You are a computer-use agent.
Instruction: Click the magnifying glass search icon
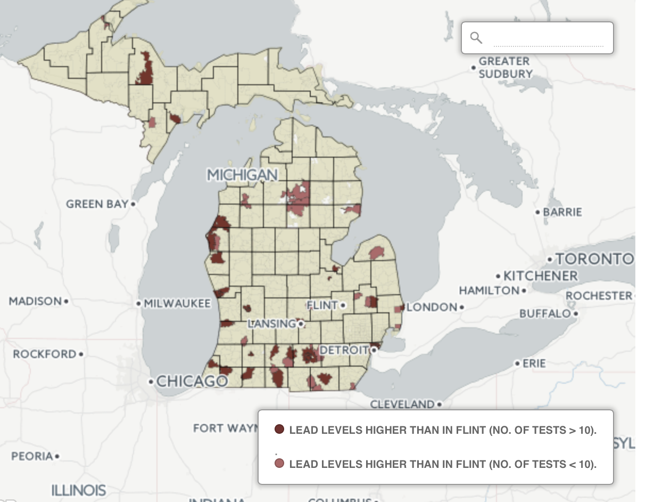click(476, 38)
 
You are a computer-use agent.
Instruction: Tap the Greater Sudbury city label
click(504, 68)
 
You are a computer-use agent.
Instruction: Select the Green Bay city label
click(97, 204)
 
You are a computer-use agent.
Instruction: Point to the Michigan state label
click(242, 175)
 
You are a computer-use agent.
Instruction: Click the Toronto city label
click(595, 259)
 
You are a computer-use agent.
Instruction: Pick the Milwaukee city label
click(177, 304)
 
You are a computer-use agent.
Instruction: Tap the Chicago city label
click(192, 381)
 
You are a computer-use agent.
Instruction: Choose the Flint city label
click(322, 305)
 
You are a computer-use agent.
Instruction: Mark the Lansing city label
click(271, 323)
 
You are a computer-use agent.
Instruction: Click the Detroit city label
click(344, 350)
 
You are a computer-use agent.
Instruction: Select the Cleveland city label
click(402, 404)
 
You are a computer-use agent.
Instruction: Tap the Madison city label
click(35, 301)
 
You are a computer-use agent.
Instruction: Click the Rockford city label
click(45, 354)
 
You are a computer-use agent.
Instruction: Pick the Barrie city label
click(562, 212)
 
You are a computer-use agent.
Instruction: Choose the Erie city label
click(534, 363)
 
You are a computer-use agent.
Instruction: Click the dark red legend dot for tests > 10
click(279, 430)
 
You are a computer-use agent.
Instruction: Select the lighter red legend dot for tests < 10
click(279, 464)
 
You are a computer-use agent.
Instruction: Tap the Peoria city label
click(32, 456)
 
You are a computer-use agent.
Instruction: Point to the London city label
click(432, 307)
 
